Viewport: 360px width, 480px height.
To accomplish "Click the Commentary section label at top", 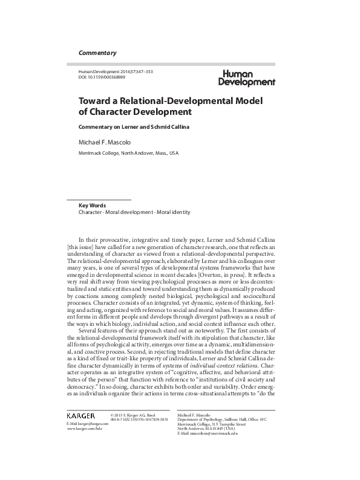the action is pyautogui.click(x=97, y=53).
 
